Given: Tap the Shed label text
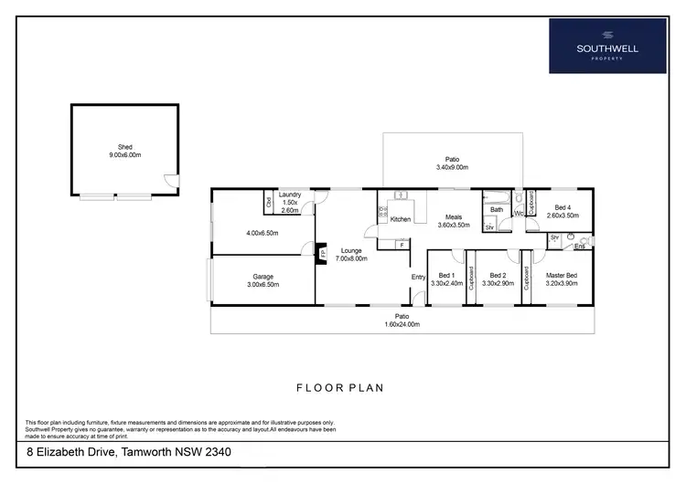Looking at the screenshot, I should pos(124,151).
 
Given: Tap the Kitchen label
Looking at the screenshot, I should pos(401,220).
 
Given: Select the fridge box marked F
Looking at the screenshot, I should pos(402,245).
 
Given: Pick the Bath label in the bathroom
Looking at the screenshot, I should pos(497,209).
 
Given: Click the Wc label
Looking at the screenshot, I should pos(518,215).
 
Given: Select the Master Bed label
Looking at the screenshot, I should pos(562,279).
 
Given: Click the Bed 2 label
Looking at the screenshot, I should pos(498,279).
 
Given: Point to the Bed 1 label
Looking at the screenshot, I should pos(447,279).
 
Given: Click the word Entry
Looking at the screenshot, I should pos(418,277).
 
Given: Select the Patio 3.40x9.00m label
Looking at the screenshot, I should pos(451,163).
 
